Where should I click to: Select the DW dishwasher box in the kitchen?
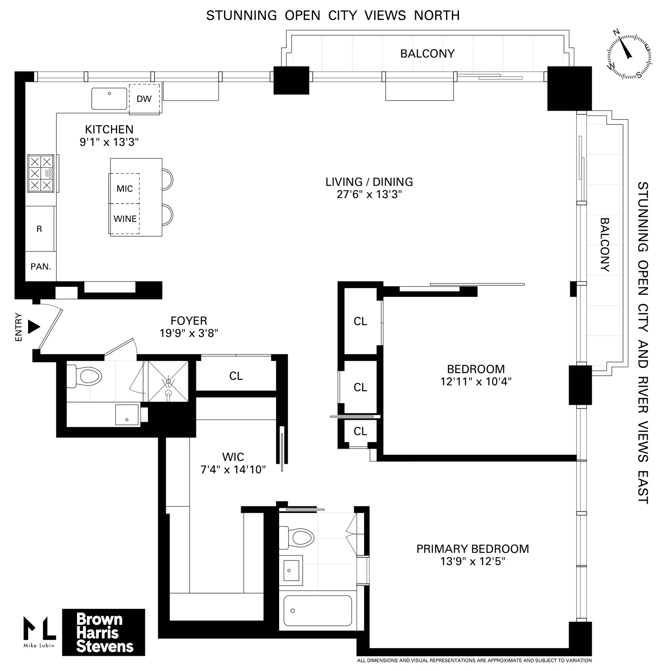click(144, 99)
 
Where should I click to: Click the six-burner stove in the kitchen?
click(41, 174)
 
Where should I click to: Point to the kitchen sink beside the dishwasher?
click(110, 98)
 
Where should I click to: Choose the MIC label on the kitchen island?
click(124, 189)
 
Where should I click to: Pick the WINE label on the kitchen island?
click(125, 219)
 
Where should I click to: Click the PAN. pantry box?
click(41, 267)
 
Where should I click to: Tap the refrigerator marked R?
click(40, 229)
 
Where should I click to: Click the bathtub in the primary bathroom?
click(317, 611)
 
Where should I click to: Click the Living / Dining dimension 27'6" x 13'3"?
click(369, 195)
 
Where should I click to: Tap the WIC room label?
click(233, 457)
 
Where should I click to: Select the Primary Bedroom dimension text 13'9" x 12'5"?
click(472, 561)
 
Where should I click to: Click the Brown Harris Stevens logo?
click(103, 633)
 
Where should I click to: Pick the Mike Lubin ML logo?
click(40, 631)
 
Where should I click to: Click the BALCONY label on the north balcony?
click(427, 54)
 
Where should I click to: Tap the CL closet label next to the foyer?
click(236, 376)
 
